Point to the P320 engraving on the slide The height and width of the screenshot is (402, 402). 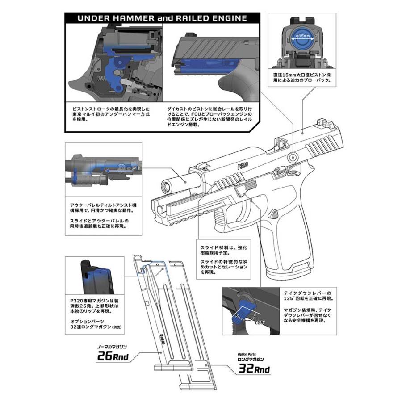tap(243, 166)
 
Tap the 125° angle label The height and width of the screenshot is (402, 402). tap(257, 321)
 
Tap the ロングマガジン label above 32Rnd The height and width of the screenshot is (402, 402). tap(250, 359)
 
